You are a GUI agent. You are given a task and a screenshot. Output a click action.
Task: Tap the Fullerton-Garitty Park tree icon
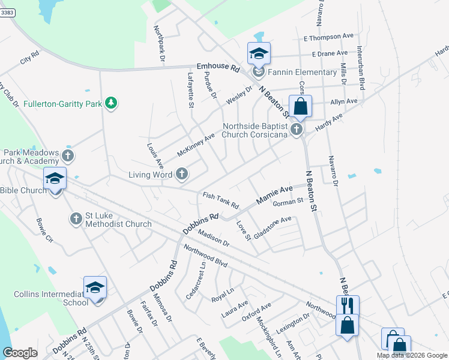point(110,103)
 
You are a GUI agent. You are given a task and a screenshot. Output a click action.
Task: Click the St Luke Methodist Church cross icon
point(76,218)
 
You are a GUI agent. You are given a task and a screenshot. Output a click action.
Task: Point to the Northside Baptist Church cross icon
point(296,130)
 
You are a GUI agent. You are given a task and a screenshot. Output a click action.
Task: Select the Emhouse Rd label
point(218,68)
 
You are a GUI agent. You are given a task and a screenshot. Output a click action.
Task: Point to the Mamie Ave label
point(274,194)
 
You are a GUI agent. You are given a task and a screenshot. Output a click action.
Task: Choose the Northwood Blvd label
point(205,256)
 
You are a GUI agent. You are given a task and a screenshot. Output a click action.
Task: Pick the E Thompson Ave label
point(328,37)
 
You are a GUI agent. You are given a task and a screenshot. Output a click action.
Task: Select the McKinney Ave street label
point(196,145)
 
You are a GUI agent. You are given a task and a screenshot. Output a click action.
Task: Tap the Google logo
point(20,353)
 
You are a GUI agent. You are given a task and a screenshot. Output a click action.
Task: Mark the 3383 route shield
point(6,13)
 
